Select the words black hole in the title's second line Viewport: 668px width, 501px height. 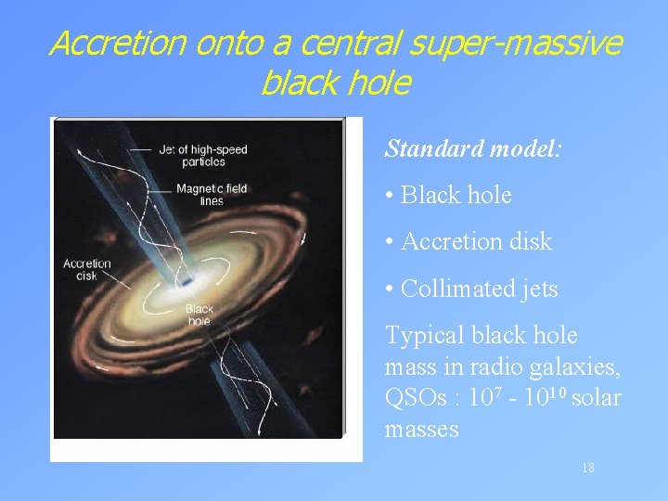[x=335, y=83]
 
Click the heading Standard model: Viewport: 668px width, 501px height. [x=473, y=148]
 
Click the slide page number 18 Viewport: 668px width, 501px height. [x=587, y=469]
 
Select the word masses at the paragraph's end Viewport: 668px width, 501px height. [x=421, y=429]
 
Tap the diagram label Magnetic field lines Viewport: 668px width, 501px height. [x=211, y=194]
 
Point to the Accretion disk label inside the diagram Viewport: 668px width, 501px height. [x=86, y=269]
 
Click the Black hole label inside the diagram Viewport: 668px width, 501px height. [x=199, y=315]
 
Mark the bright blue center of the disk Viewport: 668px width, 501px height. [x=186, y=279]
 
